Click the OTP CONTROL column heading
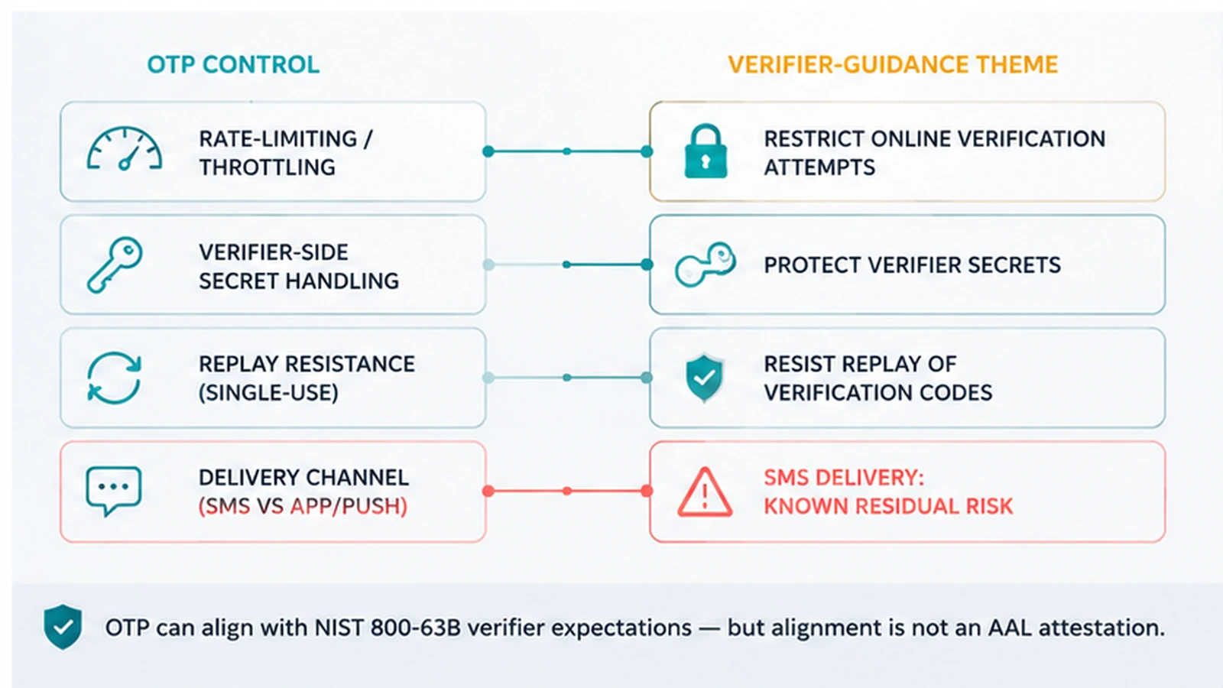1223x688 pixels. pos(233,64)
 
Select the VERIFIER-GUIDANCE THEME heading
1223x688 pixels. pos(893,64)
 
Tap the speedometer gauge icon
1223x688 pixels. pos(125,148)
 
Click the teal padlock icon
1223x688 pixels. pos(706,151)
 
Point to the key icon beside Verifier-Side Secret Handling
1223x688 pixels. pos(115,264)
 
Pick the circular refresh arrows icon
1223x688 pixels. pos(114,378)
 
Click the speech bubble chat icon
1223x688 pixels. pos(114,491)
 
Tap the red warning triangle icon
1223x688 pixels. pos(705,492)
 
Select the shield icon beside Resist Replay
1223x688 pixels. pos(704,378)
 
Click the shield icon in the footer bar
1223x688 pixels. pos(63,627)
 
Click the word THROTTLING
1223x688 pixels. pos(267,167)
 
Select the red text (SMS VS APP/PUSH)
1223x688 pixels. pos(303,507)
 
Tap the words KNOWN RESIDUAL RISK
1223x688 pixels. pos(888,507)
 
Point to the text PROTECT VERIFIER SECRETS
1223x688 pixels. pos(913,265)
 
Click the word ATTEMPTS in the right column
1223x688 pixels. pos(819,167)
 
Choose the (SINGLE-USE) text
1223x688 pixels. pos(268,393)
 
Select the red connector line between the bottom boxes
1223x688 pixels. pos(567,491)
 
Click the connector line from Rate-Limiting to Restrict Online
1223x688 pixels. pos(567,151)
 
